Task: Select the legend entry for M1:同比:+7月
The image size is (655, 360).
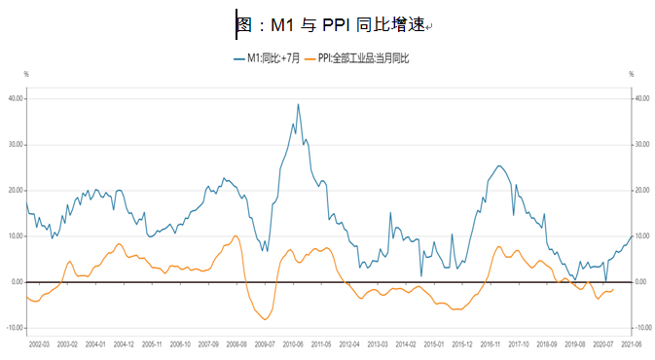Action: pos(268,59)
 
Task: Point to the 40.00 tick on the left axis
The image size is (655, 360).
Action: pos(16,98)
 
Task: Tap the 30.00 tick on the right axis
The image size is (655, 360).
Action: pos(641,144)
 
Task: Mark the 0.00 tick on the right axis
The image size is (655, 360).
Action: pos(641,282)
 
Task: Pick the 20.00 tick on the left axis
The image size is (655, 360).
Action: pos(16,190)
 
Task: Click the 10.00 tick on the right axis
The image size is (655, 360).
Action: pos(641,236)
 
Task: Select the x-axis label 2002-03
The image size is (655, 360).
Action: pos(39,344)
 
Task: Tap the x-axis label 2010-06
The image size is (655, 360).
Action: pos(293,344)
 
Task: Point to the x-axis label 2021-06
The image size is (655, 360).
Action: pos(631,344)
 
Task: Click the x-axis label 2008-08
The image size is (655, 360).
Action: pos(237,344)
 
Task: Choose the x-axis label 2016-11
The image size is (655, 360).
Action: pos(490,344)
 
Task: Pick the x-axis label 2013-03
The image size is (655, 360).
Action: pos(377,344)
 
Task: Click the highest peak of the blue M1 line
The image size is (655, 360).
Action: pos(298,104)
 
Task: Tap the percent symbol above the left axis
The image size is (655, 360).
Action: pos(26,75)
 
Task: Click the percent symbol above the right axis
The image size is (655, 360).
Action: pos(631,75)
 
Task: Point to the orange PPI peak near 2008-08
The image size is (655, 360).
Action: pos(236,235)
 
